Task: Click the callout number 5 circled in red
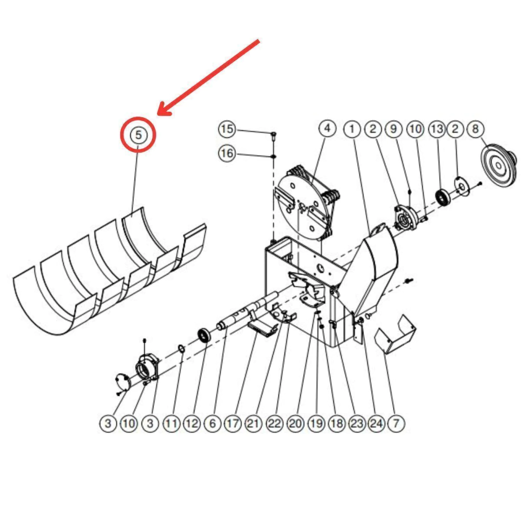pyautogui.click(x=138, y=135)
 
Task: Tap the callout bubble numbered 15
pyautogui.click(x=227, y=129)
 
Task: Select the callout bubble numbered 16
pyautogui.click(x=227, y=153)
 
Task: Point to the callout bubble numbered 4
pyautogui.click(x=327, y=128)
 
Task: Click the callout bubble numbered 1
pyautogui.click(x=352, y=129)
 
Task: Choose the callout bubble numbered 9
pyautogui.click(x=394, y=129)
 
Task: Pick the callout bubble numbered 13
pyautogui.click(x=437, y=129)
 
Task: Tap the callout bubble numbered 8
pyautogui.click(x=475, y=129)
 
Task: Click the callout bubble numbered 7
pyautogui.click(x=396, y=423)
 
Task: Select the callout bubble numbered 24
pyautogui.click(x=376, y=423)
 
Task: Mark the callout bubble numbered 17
pyautogui.click(x=233, y=423)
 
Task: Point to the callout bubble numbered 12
pyautogui.click(x=191, y=423)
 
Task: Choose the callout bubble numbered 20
pyautogui.click(x=295, y=423)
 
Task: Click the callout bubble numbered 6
pyautogui.click(x=213, y=423)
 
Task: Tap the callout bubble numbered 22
pyautogui.click(x=275, y=423)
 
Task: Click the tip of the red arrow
pyautogui.click(x=159, y=114)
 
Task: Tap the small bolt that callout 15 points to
pyautogui.click(x=273, y=135)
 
